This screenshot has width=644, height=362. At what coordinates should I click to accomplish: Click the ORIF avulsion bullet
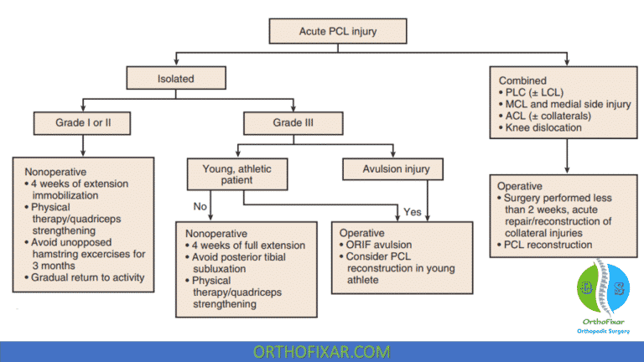(x=382, y=244)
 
